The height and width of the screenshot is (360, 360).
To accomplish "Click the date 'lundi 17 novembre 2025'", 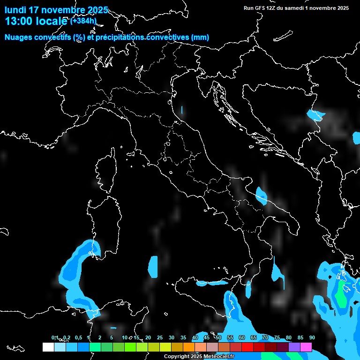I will point(56,10).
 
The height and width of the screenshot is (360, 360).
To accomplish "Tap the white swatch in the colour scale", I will point(48,347).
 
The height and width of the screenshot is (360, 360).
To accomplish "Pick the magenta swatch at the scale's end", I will point(306,347).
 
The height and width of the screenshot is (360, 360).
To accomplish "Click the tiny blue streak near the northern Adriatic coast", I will point(182,111).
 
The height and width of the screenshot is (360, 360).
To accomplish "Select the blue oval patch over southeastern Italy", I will point(261,195).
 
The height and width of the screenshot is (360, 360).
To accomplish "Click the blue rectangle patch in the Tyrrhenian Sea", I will point(153,266).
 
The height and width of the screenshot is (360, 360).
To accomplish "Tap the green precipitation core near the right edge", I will point(342,293).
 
